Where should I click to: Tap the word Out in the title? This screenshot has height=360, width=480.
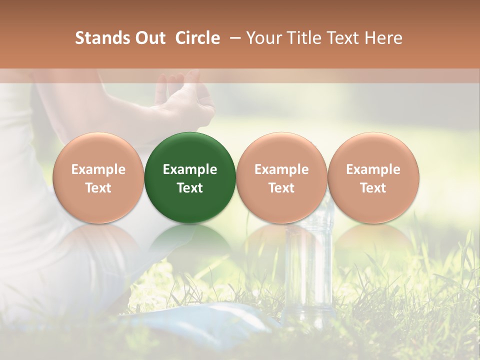(x=149, y=38)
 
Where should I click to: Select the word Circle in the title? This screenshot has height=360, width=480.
(x=197, y=38)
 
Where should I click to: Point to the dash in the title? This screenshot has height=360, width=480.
(x=233, y=38)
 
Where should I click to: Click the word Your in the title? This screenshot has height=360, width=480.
(x=263, y=38)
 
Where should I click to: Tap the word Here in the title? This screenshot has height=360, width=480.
(x=384, y=38)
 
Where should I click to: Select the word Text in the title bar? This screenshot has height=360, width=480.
(x=342, y=38)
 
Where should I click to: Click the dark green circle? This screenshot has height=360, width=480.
(x=190, y=177)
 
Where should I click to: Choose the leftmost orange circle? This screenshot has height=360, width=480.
(x=98, y=177)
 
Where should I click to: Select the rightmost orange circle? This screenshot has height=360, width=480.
(x=373, y=177)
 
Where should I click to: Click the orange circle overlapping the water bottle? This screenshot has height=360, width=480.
(x=281, y=177)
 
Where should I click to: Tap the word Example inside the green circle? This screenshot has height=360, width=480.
(x=190, y=169)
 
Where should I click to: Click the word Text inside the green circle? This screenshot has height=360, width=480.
(x=190, y=187)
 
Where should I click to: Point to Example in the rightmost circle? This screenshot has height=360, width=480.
(x=373, y=169)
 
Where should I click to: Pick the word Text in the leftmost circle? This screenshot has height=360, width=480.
(x=98, y=187)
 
